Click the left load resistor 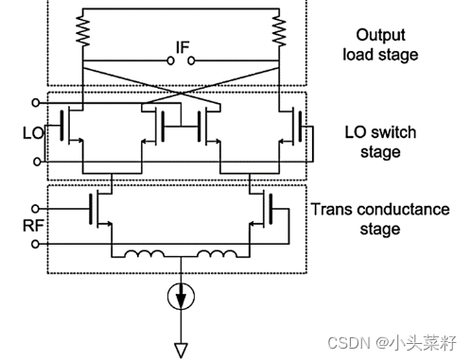coord(83,31)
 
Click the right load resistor coord(279,31)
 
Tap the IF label coord(183,47)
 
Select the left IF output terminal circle coord(170,60)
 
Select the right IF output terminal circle coord(191,60)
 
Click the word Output coord(380,35)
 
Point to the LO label coord(33,133)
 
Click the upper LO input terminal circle coord(36,103)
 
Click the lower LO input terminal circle coord(37,162)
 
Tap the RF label coord(33,226)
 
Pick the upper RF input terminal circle coord(35,209)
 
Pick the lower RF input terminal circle coord(35,244)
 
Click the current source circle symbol coord(181,296)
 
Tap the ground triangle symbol coord(181,350)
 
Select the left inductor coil coord(145,254)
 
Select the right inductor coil coord(218,254)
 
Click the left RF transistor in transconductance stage coord(100,209)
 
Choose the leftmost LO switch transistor coord(72,126)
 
